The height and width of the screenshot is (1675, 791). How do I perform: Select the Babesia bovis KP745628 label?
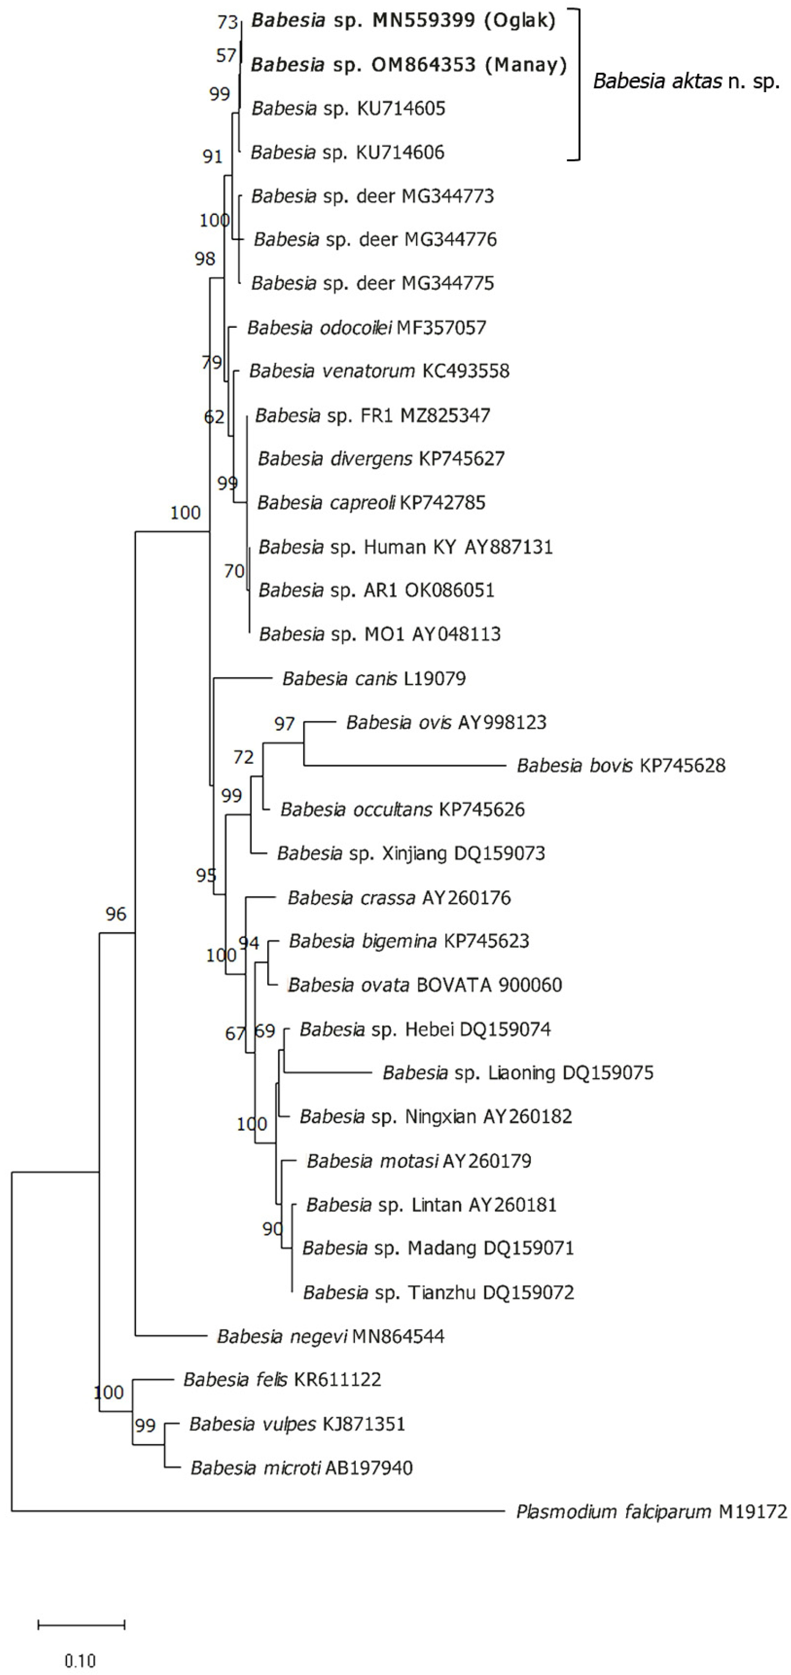tap(621, 765)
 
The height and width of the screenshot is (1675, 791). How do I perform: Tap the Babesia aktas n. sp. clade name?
tap(686, 81)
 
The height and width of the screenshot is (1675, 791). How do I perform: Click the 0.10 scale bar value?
tap(80, 1660)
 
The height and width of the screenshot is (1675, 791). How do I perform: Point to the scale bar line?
tap(81, 1625)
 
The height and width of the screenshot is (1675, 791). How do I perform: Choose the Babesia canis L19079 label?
tap(374, 678)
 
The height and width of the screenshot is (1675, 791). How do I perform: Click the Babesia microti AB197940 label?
tap(301, 1468)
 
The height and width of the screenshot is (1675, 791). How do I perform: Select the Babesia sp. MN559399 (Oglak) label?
tap(403, 21)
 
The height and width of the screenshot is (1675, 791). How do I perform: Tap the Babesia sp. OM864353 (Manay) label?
tap(408, 64)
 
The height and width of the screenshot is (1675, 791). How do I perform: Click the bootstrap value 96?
tap(116, 914)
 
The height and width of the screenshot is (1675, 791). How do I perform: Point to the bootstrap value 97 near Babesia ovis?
tap(284, 724)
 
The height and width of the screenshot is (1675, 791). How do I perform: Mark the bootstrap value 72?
tap(243, 757)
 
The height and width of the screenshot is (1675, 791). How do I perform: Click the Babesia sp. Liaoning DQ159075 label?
tap(518, 1072)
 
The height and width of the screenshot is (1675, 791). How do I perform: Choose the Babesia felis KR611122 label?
tap(282, 1379)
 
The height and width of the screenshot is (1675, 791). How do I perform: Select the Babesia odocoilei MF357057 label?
tap(366, 327)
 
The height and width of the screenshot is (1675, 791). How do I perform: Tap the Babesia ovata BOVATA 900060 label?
tap(424, 985)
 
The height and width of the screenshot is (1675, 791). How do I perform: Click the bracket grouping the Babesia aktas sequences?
tap(577, 85)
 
